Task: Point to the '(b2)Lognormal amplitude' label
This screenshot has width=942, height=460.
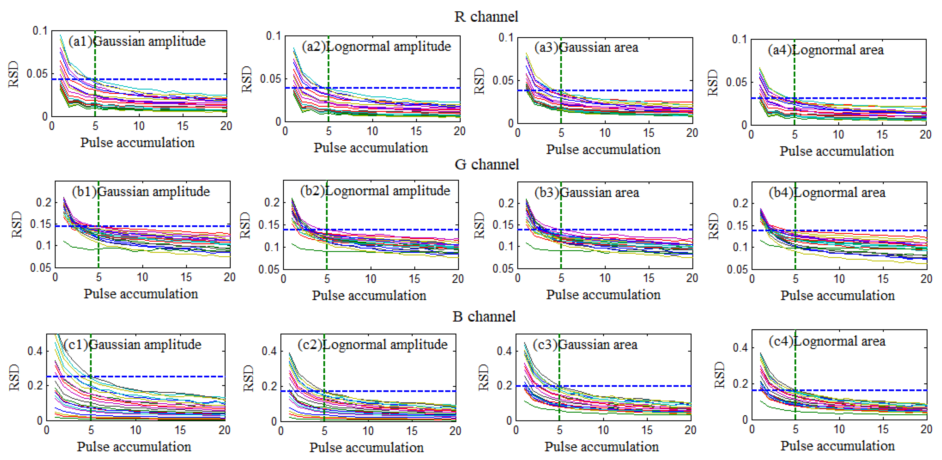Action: coord(375,191)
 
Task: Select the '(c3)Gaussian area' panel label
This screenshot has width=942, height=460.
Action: coord(585,345)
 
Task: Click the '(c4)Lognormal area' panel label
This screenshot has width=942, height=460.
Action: coord(827,341)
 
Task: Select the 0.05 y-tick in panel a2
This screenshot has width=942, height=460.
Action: coord(270,79)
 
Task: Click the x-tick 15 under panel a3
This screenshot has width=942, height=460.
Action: coord(648,133)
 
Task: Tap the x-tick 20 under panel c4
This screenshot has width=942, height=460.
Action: coord(926,429)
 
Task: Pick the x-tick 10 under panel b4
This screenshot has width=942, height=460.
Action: coord(839,279)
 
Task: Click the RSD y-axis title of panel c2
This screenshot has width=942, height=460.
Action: coord(248,378)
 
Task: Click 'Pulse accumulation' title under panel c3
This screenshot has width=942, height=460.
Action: coord(601,447)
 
